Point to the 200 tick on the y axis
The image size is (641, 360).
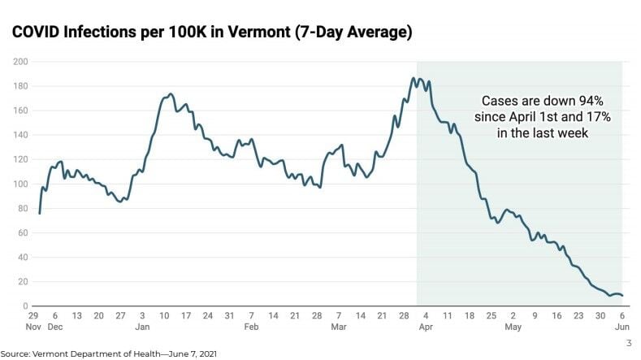point(21,62)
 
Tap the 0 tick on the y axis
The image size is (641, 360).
point(26,306)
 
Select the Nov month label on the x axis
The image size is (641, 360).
point(32,327)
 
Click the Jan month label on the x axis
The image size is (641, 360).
point(142,327)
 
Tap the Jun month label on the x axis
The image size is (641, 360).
point(622,327)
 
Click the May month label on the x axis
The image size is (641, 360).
point(513,327)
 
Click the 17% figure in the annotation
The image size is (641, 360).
point(596,117)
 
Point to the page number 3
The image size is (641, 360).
point(628,343)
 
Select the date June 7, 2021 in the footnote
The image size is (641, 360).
point(189,353)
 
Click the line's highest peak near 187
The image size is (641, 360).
point(414,78)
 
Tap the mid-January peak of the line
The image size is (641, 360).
point(169,93)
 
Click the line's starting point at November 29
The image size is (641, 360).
point(39,213)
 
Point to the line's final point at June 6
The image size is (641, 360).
point(622,296)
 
